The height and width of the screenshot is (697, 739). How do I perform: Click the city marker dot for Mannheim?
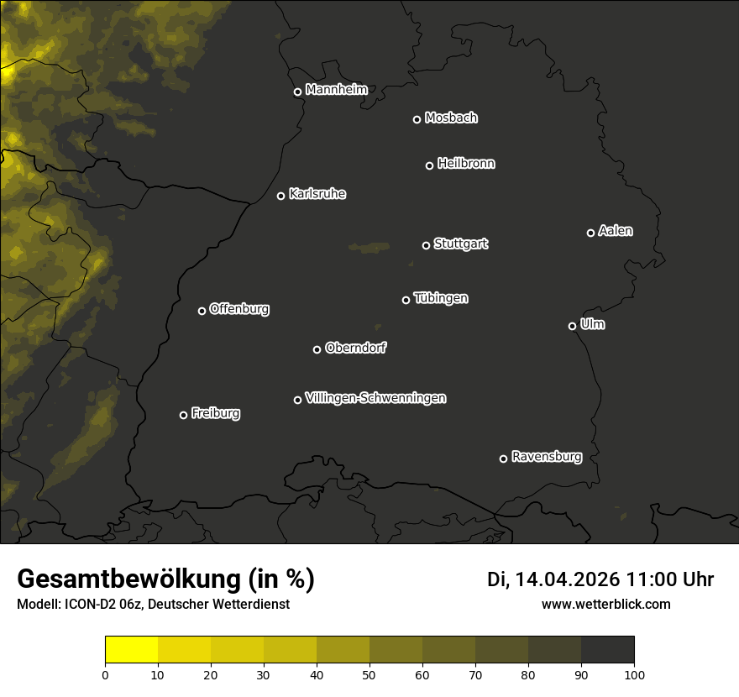(x=297, y=92)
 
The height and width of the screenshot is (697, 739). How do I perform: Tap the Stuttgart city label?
(x=460, y=244)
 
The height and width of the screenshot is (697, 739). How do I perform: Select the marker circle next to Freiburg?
(x=183, y=415)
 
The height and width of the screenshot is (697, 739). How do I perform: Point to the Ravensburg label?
(x=546, y=457)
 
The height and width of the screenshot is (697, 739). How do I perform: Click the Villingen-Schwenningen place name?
(x=375, y=398)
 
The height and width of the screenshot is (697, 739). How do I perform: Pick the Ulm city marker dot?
(x=572, y=326)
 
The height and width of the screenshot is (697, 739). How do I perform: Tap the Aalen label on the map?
(x=615, y=231)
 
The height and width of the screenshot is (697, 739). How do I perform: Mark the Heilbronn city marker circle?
(x=429, y=165)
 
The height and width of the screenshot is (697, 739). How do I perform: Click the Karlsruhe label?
(x=317, y=194)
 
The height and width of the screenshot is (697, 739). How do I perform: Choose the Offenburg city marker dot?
(x=202, y=311)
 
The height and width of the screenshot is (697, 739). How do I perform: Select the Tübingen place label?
(x=440, y=298)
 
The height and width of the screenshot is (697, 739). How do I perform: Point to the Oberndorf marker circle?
(x=317, y=349)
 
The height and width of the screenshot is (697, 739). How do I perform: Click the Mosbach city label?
(x=450, y=118)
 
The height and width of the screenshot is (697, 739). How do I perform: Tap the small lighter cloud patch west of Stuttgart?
(x=369, y=247)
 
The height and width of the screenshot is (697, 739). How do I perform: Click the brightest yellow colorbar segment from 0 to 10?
(x=131, y=650)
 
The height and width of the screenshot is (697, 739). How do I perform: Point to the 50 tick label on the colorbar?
(x=369, y=674)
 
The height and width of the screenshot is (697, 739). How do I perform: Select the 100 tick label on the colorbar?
(x=633, y=674)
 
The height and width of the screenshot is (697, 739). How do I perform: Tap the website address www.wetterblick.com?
(x=605, y=604)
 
